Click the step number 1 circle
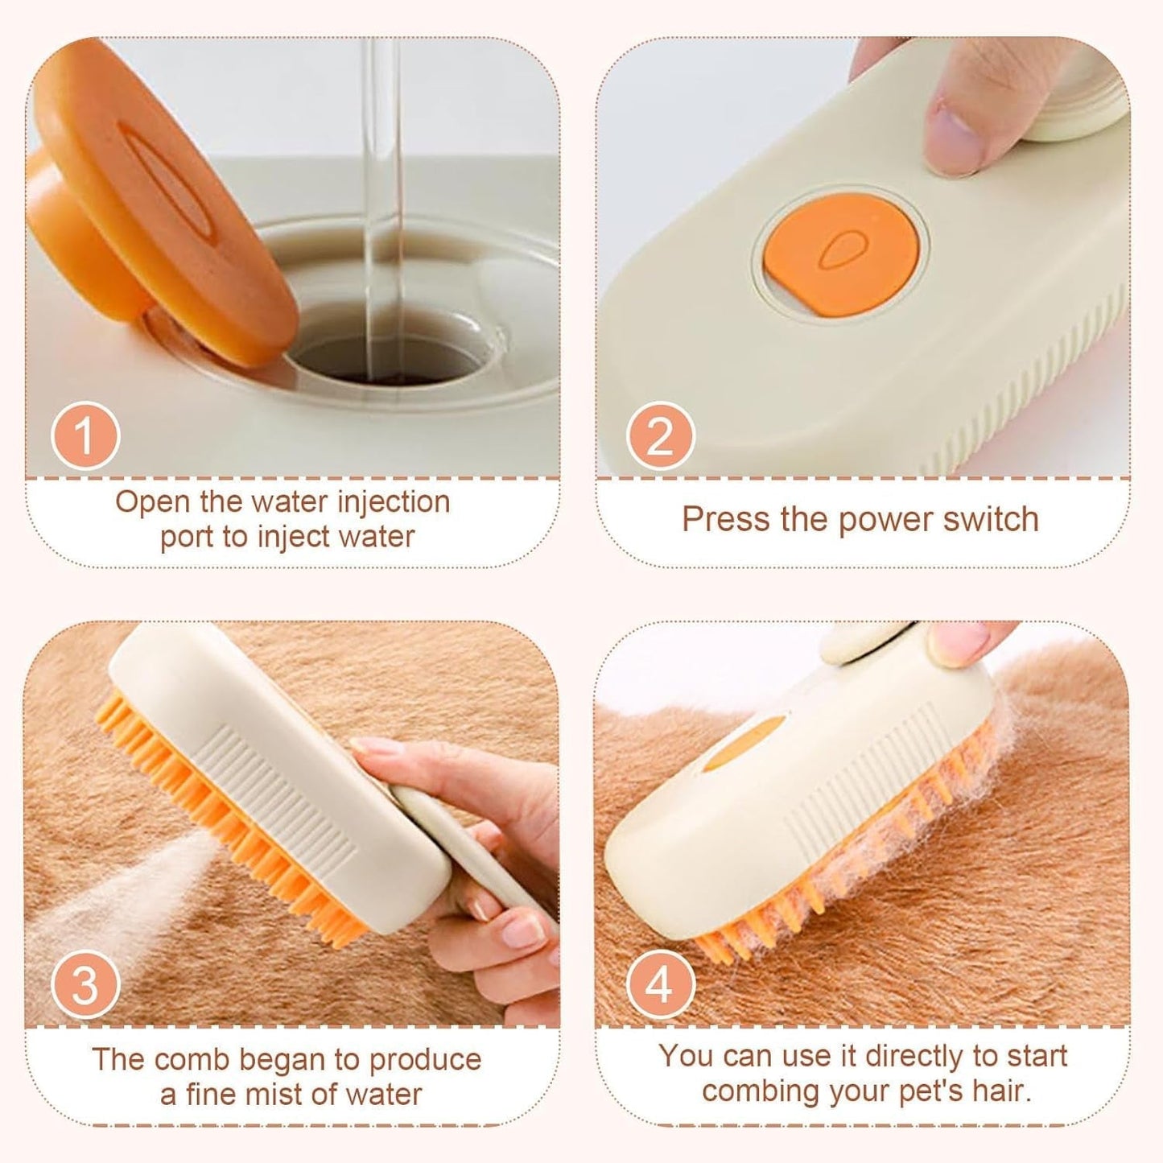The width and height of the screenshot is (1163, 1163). pos(85,436)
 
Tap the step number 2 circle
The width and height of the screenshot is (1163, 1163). pos(660,436)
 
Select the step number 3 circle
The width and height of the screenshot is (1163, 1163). pos(85,985)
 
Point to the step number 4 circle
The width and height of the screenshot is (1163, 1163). pos(660,985)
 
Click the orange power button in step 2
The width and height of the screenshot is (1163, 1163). pos(840,250)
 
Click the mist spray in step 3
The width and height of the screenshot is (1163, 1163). pos(97,885)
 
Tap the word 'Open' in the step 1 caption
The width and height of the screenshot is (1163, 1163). pos(154,502)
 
